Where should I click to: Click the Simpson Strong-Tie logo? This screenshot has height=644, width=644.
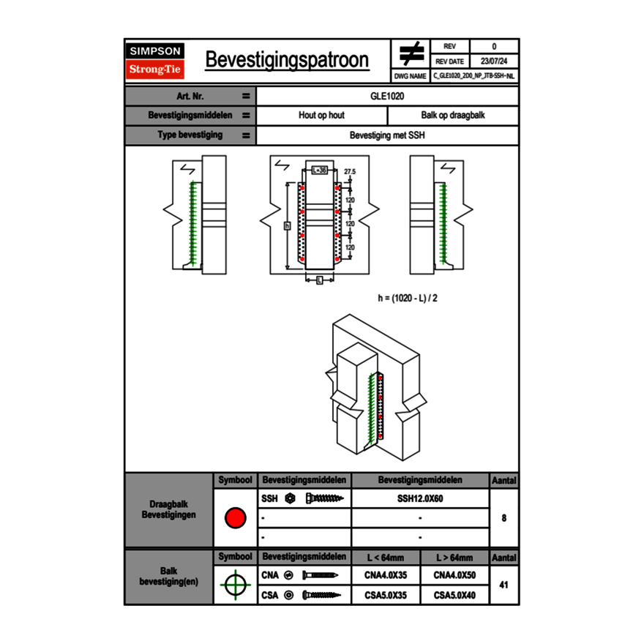156,61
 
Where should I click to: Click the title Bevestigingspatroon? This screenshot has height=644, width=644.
287,60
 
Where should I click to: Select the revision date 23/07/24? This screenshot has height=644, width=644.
494,61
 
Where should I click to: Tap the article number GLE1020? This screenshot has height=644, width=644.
387,96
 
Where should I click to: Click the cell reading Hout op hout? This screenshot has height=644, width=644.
321,116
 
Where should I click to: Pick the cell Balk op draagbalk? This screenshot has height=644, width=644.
453,116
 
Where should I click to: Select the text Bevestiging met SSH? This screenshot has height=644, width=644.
387,135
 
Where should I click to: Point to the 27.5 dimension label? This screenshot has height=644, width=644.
350,171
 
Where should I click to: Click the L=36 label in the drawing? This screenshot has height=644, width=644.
319,170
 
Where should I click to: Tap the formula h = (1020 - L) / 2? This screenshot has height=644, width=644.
413,298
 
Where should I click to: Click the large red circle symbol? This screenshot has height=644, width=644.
235,518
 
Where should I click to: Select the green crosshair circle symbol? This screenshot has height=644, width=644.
235,585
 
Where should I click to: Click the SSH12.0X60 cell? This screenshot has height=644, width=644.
420,499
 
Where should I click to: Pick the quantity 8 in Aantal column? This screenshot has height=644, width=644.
504,518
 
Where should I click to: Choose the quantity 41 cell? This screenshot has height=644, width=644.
504,585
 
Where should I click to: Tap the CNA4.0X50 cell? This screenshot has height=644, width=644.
454,576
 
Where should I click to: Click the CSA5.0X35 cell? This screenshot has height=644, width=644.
386,596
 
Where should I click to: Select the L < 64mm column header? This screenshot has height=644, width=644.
386,558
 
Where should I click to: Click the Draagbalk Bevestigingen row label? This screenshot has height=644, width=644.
169,510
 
